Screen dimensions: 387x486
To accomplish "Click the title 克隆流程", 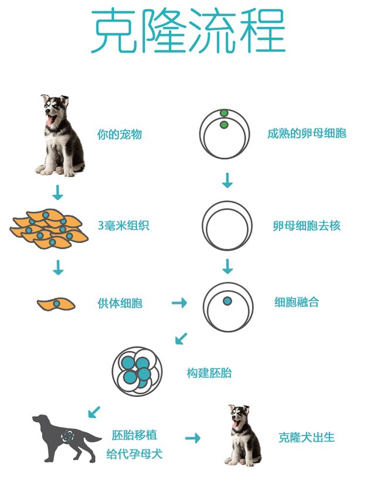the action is pyautogui.click(x=188, y=31).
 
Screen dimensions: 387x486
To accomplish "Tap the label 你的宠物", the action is pyautogui.click(x=120, y=134).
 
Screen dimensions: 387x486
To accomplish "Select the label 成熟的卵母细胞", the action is pyautogui.click(x=307, y=133).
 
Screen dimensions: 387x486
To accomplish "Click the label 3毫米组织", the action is pyautogui.click(x=124, y=225).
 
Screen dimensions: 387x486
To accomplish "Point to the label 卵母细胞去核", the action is pyautogui.click(x=307, y=225).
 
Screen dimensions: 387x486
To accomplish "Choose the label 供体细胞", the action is pyautogui.click(x=120, y=303).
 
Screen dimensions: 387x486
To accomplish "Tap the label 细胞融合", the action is pyautogui.click(x=297, y=302).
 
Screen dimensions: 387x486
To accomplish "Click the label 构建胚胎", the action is pyautogui.click(x=209, y=373).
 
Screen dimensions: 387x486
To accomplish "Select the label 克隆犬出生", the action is pyautogui.click(x=307, y=437).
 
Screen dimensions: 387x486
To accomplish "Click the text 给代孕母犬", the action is pyautogui.click(x=134, y=454).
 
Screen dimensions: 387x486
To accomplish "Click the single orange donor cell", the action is pyautogui.click(x=56, y=304).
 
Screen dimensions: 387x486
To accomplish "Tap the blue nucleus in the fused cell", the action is pyautogui.click(x=228, y=301).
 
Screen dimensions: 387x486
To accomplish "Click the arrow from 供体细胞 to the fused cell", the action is pyautogui.click(x=179, y=302).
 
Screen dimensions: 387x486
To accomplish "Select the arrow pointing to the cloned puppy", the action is pyautogui.click(x=193, y=438).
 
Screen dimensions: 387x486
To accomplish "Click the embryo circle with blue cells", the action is pyautogui.click(x=137, y=372).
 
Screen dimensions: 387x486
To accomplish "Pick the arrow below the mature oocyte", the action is pyautogui.click(x=228, y=180).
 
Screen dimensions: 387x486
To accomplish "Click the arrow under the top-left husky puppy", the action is pyautogui.click(x=57, y=193).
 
